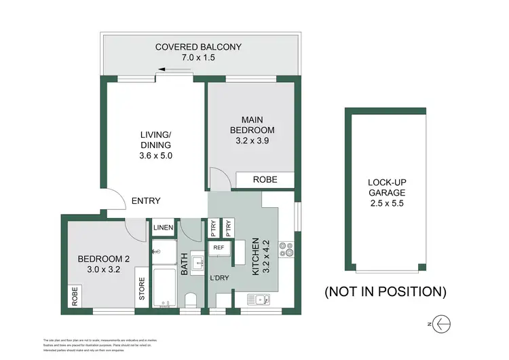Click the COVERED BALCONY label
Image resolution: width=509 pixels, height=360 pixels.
coord(198,47)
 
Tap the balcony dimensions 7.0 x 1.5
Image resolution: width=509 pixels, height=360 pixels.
coord(198,58)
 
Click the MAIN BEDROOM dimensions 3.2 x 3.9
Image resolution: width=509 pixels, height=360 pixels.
coord(252,142)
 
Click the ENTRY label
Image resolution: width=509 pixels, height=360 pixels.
coord(146,200)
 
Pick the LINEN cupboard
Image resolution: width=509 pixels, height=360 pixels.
coord(164,228)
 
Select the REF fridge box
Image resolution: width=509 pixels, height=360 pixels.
coord(219,248)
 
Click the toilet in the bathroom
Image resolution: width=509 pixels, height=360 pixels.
coord(191,301)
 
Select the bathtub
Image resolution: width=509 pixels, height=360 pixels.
coord(164,289)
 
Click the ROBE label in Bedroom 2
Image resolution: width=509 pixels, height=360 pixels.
coord(73,296)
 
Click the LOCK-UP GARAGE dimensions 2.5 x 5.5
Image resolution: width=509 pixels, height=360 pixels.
coord(387,203)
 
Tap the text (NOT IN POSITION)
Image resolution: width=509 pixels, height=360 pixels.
coord(385,292)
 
